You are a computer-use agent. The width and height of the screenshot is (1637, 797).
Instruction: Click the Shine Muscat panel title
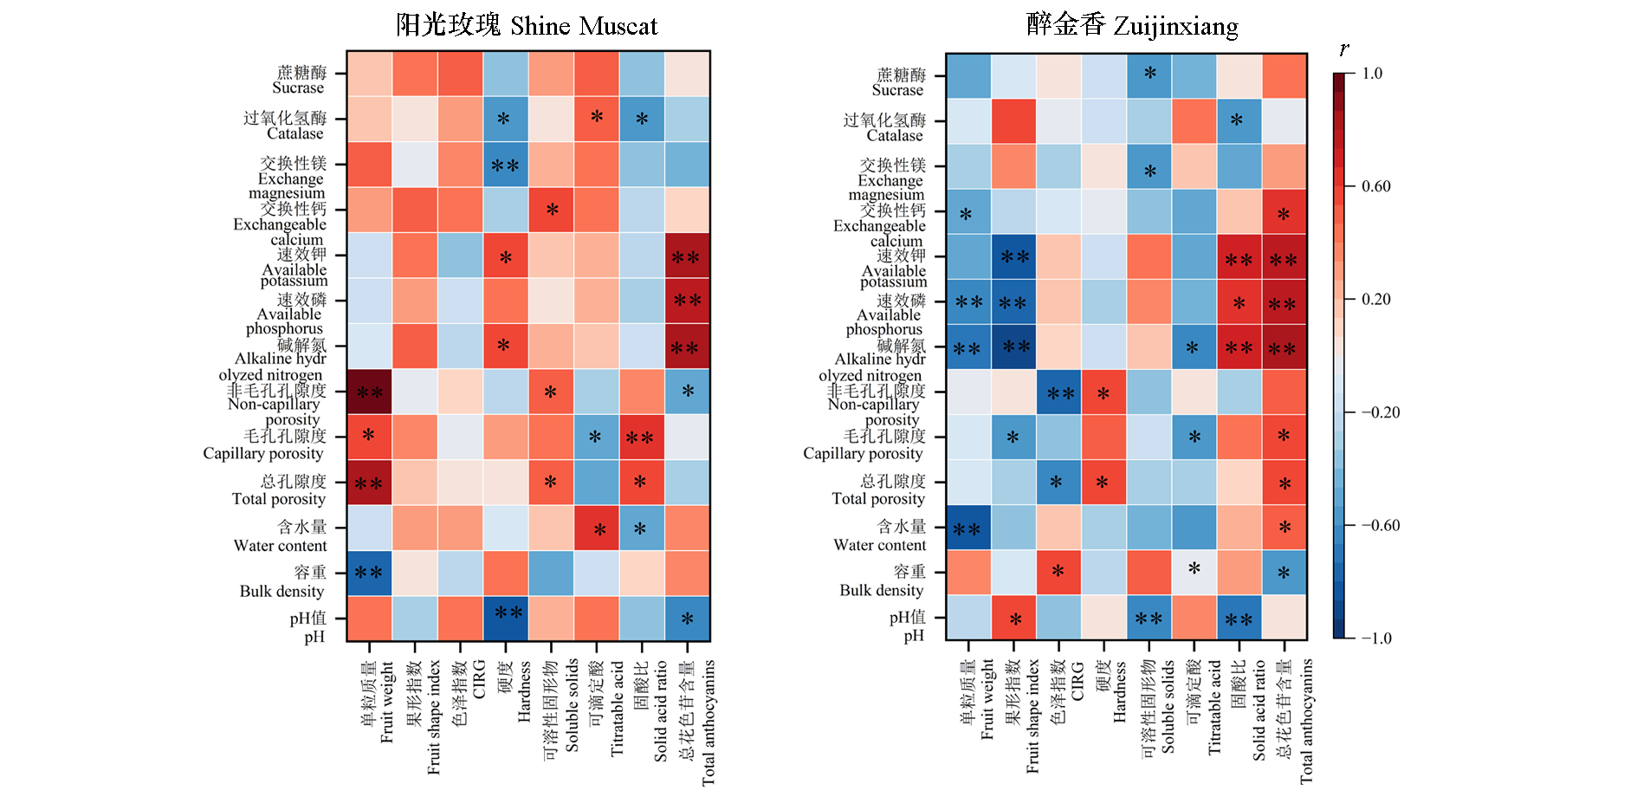527,25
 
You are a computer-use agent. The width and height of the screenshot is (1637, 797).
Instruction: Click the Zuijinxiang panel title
1132,25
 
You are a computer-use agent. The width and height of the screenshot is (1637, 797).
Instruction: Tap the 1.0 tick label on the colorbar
1372,74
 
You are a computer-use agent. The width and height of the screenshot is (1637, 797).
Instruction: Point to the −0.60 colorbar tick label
1380,526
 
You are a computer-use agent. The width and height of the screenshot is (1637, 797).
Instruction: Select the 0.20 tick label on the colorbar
1375,300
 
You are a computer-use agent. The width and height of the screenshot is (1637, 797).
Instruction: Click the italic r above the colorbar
1343,49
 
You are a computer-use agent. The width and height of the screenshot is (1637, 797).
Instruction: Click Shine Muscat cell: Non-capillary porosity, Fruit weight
369,392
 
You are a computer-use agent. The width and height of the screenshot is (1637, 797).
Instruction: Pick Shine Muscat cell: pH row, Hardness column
506,619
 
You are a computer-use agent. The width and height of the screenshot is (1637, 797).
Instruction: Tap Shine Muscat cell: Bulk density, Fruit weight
369,573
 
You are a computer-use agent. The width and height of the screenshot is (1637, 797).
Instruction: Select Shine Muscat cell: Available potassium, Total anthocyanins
687,256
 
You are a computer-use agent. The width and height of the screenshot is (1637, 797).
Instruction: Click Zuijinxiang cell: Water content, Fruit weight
968,528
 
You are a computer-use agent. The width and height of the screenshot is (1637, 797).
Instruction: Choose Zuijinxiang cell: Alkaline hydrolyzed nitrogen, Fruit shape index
1013,347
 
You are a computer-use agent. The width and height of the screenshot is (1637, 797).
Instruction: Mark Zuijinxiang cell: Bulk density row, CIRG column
1058,573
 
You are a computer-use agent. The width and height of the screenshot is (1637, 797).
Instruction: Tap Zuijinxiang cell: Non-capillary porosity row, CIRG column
1058,392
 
